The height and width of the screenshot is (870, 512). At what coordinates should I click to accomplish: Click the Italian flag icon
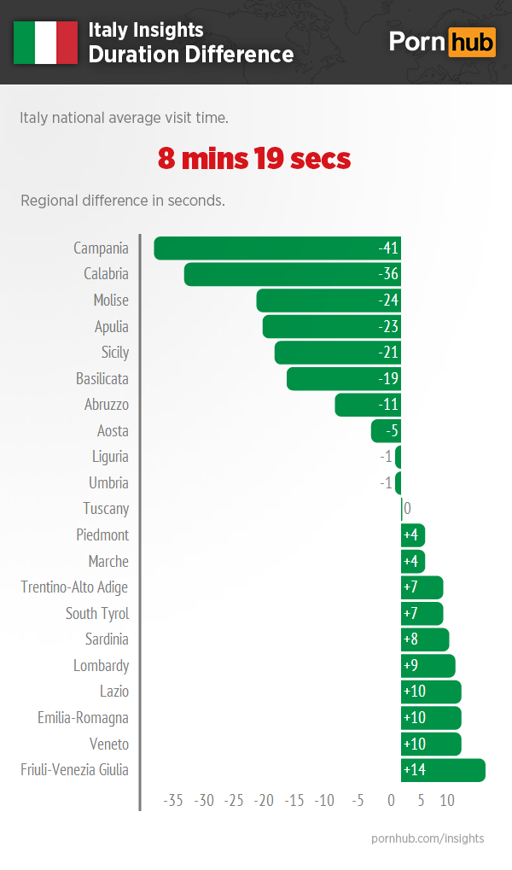(x=45, y=43)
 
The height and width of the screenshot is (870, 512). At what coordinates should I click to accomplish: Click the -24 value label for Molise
(x=389, y=301)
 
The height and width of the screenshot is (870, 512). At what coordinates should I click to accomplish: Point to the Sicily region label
(x=115, y=353)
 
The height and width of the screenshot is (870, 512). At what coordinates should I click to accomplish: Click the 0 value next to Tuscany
(x=407, y=509)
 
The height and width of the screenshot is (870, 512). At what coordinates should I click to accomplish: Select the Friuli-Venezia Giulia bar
(x=443, y=770)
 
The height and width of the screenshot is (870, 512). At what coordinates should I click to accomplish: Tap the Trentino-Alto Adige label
(x=75, y=587)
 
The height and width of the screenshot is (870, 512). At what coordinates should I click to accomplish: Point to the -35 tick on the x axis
(x=174, y=801)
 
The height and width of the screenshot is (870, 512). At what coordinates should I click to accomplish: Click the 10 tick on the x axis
(x=447, y=801)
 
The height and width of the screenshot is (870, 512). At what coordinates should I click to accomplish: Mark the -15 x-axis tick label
(x=294, y=801)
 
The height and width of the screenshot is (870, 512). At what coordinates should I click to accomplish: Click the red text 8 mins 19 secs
(x=254, y=159)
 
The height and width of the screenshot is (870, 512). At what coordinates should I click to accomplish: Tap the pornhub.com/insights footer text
(x=428, y=838)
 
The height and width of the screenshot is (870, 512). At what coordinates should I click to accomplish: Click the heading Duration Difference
(x=191, y=55)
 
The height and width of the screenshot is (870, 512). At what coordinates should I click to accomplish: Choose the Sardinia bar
(x=425, y=639)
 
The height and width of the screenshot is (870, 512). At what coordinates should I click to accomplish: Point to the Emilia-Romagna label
(x=83, y=718)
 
